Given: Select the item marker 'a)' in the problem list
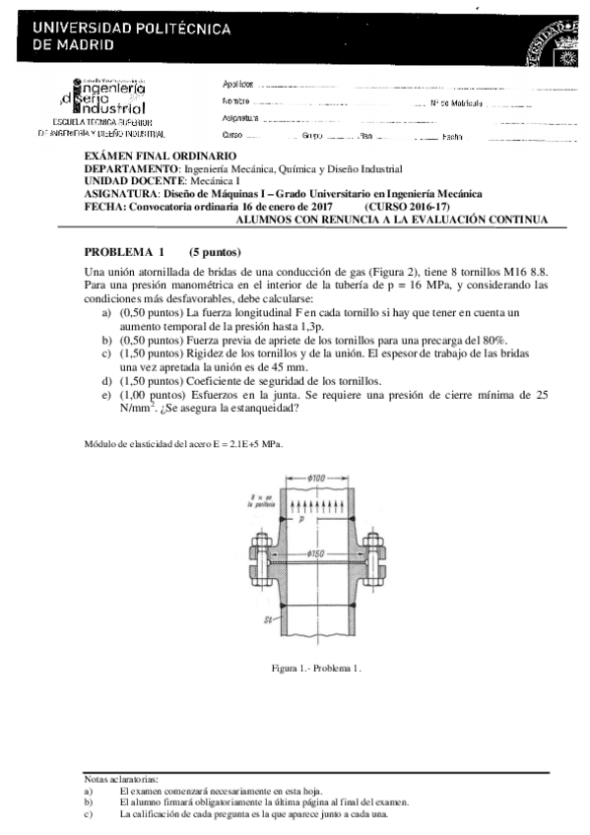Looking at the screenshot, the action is (x=106, y=311).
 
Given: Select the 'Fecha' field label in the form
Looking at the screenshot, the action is (x=452, y=135).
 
